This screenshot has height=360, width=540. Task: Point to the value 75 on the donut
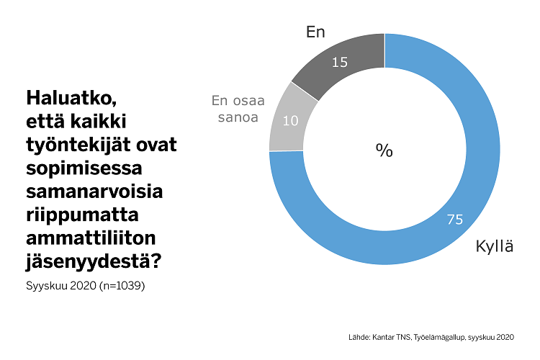[x=454, y=220]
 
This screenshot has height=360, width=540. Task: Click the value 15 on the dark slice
[x=339, y=62]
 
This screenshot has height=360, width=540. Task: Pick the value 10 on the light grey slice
[x=290, y=120]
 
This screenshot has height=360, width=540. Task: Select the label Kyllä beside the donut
[x=494, y=246]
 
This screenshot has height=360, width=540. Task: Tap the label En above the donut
[x=315, y=32]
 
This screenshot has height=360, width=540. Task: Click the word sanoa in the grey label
[x=238, y=117]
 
